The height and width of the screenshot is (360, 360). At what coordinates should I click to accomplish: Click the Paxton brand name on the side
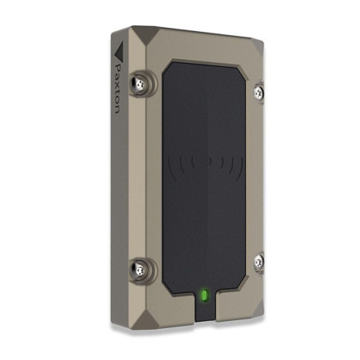click(117, 88)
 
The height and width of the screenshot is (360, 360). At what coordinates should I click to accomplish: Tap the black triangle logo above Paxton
click(119, 51)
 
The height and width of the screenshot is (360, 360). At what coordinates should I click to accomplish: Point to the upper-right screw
click(259, 92)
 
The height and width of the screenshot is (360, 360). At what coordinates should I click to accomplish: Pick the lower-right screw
click(259, 262)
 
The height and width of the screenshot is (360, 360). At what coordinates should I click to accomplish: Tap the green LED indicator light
click(205, 295)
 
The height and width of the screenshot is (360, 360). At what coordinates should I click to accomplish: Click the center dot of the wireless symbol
click(209, 161)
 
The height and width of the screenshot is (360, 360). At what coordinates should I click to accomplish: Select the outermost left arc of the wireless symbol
click(170, 167)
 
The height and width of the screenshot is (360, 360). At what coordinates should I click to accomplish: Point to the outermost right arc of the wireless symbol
click(241, 166)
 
